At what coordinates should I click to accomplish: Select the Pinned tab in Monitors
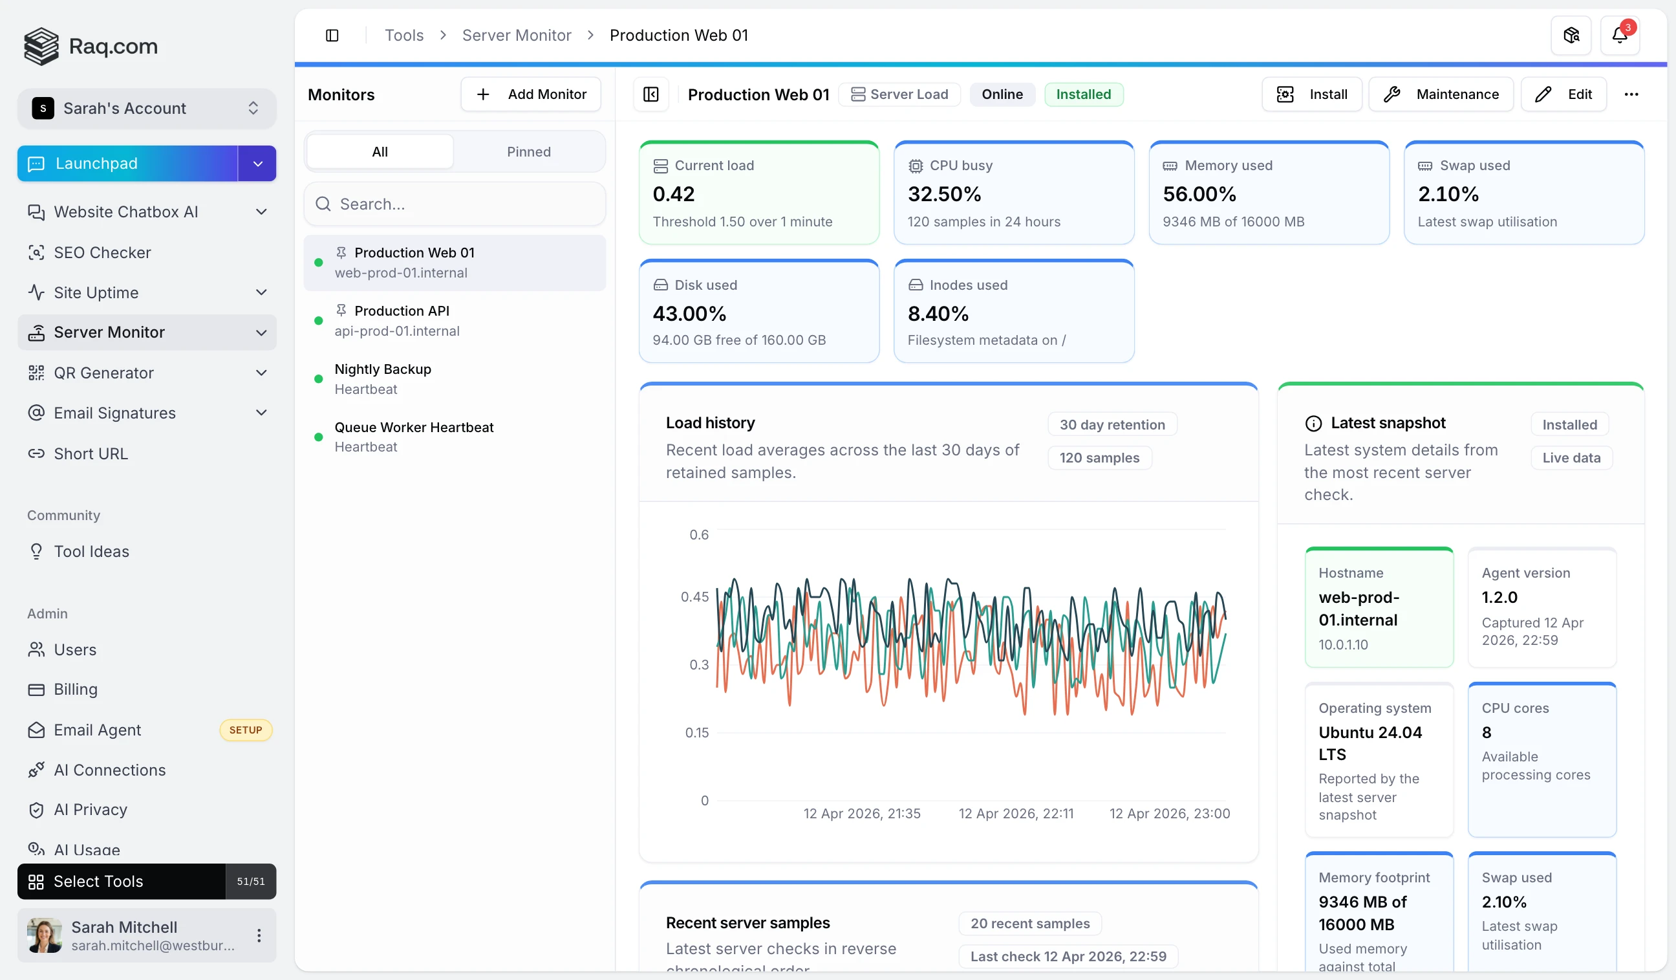(528, 152)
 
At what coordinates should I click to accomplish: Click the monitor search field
(455, 204)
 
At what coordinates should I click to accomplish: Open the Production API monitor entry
(401, 321)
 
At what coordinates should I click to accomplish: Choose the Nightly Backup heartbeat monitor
(382, 378)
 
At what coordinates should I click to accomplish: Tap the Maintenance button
(1441, 94)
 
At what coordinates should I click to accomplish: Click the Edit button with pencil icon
(1563, 94)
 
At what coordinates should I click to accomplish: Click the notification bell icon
(1619, 36)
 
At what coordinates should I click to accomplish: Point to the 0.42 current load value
(673, 194)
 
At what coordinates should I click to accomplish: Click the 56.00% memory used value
(1199, 194)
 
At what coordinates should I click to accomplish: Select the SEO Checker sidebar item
(102, 253)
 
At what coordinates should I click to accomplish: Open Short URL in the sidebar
(91, 453)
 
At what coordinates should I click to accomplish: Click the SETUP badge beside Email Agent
(246, 730)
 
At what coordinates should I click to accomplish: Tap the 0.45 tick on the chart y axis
(694, 597)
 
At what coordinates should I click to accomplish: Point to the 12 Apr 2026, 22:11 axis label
(1016, 813)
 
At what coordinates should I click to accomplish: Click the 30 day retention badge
(1112, 424)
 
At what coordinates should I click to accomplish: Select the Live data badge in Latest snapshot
(1571, 458)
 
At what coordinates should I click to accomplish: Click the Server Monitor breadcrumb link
(516, 36)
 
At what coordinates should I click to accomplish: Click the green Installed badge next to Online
(1083, 94)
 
